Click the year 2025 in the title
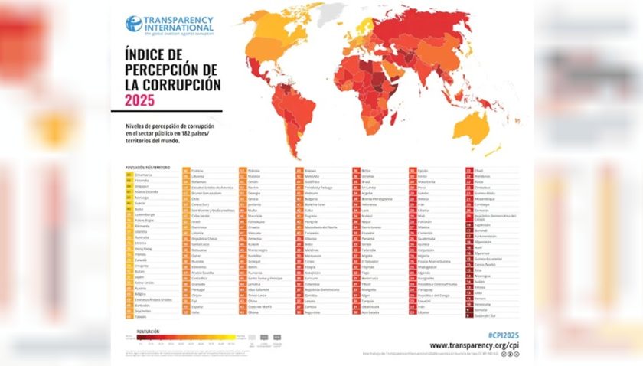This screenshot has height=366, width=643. click(x=139, y=99)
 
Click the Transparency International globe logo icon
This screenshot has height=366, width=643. click(x=133, y=24)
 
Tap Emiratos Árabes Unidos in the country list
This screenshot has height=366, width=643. click(x=153, y=299)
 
